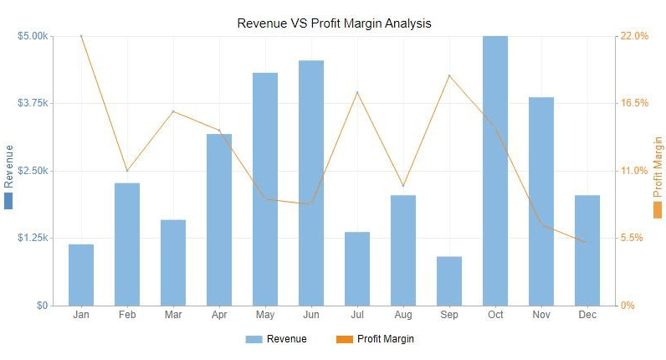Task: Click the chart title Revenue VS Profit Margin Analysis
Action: point(335,23)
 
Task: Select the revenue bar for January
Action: point(81,275)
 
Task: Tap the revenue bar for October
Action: point(495,171)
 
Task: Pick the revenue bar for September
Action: point(449,280)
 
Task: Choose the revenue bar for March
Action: point(173,262)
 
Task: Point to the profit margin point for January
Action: point(81,36)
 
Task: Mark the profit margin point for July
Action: point(357,92)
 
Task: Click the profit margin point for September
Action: point(449,75)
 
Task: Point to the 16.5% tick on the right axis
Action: point(634,103)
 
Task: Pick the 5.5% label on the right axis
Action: point(632,238)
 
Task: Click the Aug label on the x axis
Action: point(403,315)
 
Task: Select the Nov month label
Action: point(541,315)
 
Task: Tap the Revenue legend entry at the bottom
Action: point(276,339)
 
